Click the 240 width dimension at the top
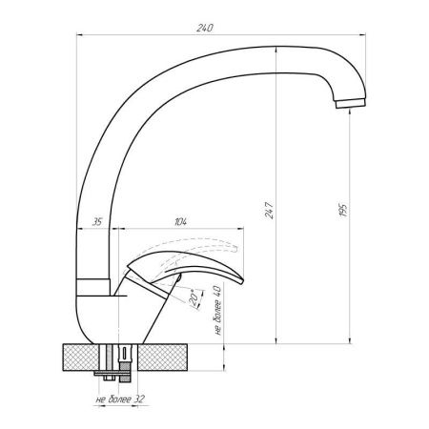click(x=203, y=27)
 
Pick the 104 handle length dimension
click(x=181, y=222)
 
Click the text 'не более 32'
click(x=120, y=400)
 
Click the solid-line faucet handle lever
click(x=205, y=275)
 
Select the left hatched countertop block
click(x=82, y=357)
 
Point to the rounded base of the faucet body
click(x=105, y=324)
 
